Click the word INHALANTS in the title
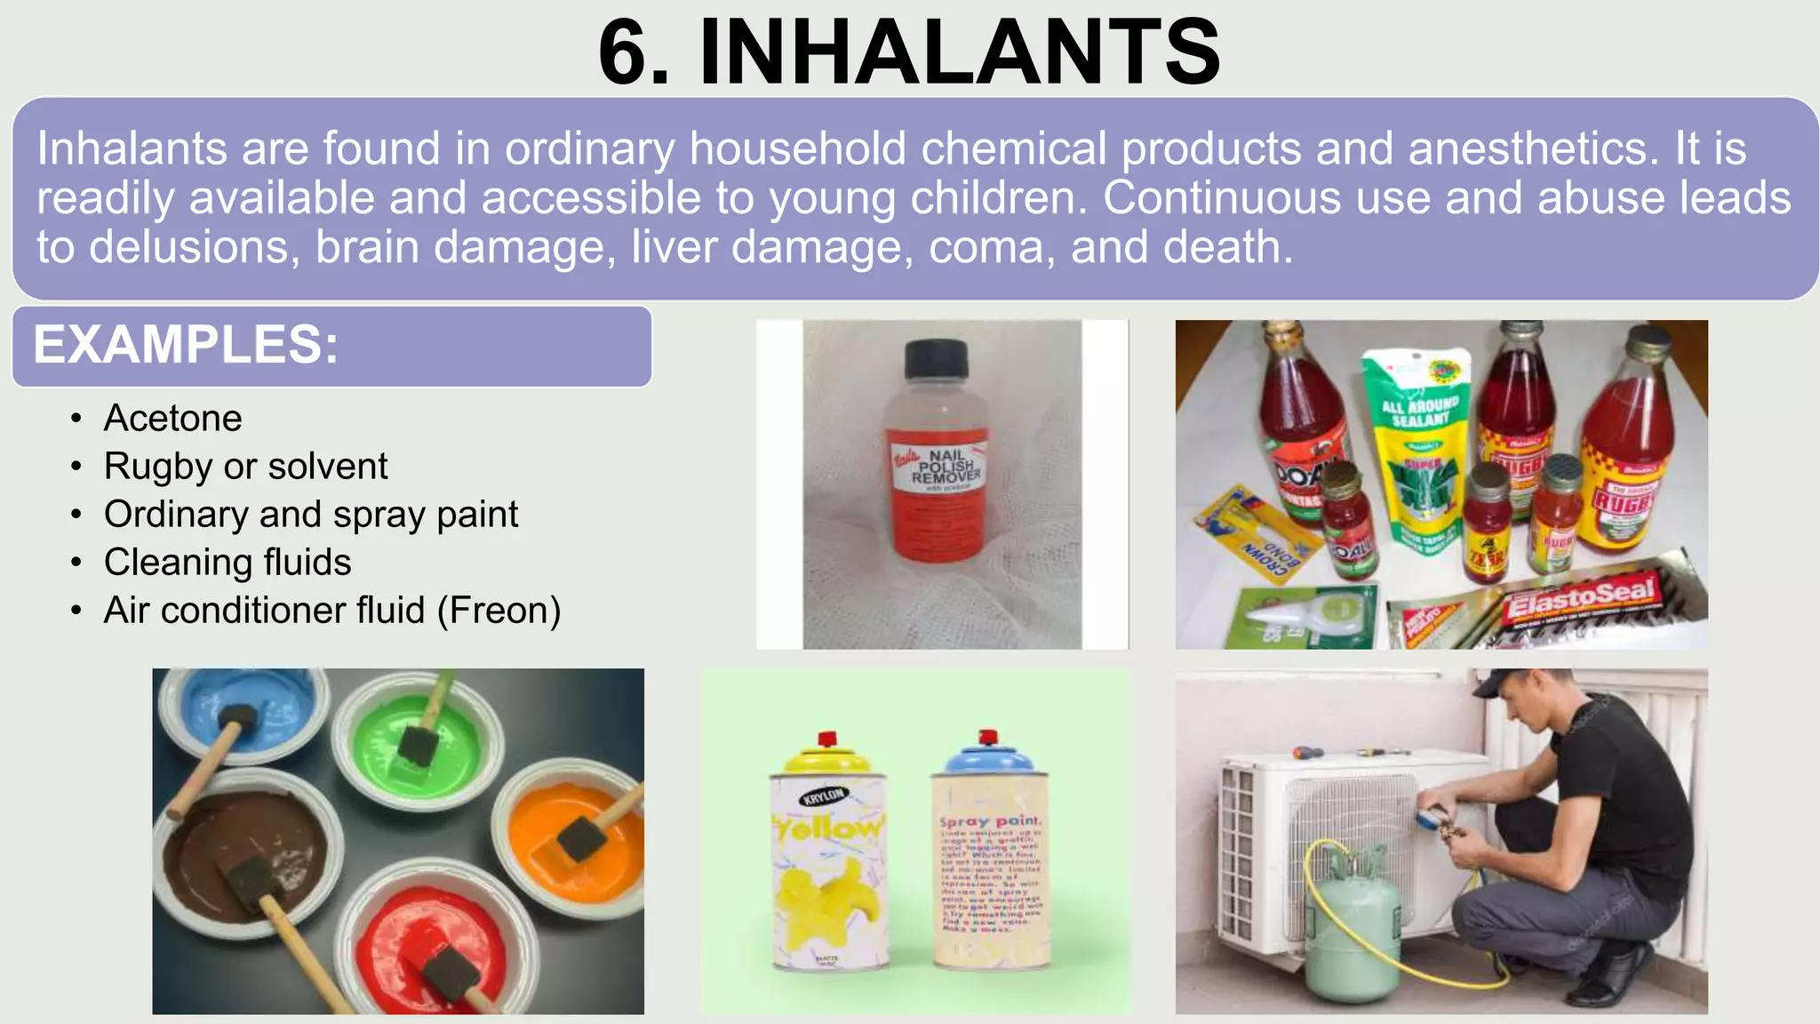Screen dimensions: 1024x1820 click(x=960, y=53)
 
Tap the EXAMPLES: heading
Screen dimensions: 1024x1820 click(x=186, y=345)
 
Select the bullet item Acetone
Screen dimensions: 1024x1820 click(x=172, y=418)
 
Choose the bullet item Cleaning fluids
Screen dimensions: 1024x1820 click(x=227, y=563)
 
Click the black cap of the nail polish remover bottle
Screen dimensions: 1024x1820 click(x=936, y=361)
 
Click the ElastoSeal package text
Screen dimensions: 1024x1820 click(x=1580, y=597)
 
